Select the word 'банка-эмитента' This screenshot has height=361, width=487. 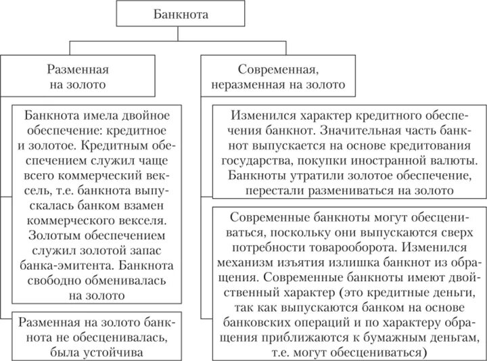(61, 266)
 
